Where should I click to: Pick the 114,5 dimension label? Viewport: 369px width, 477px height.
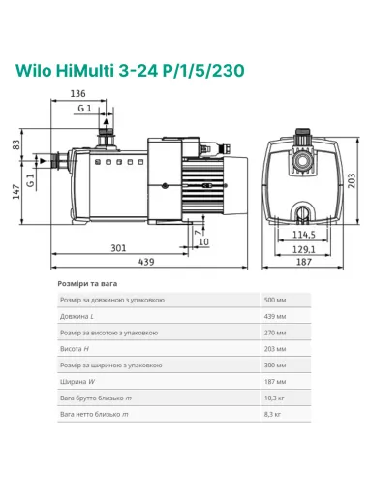(x=306, y=234)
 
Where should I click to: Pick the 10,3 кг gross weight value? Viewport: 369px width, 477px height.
(x=281, y=397)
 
